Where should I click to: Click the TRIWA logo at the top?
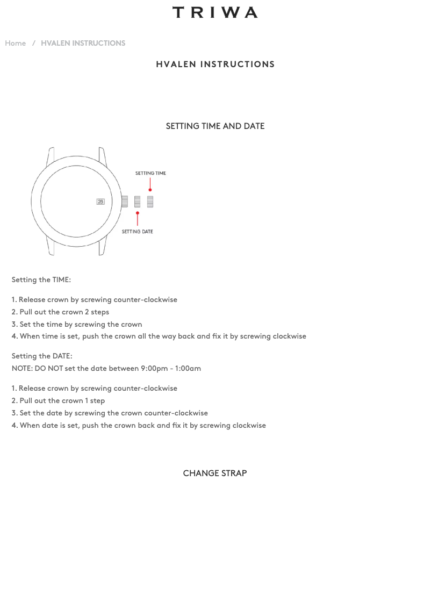pos(215,12)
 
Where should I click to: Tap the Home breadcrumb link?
pos(16,44)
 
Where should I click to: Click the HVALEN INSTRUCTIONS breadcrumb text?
pos(83,44)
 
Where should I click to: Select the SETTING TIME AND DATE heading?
pos(215,126)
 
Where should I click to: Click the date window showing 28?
pos(100,202)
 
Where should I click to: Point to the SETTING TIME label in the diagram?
pos(150,174)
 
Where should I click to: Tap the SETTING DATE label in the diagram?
pos(137,232)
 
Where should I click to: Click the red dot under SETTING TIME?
pos(150,190)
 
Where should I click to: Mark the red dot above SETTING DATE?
pos(138,213)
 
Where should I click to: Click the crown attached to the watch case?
pos(125,202)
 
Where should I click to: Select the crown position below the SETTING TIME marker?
pos(150,202)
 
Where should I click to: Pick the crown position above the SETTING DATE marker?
pos(138,202)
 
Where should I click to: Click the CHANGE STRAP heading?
pos(215,473)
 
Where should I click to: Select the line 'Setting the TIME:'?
pos(41,280)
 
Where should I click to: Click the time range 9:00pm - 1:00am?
pos(171,369)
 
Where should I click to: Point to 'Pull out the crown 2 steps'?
pos(64,312)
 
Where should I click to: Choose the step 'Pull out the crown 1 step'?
pos(62,401)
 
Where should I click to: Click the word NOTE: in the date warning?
pos(22,369)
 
